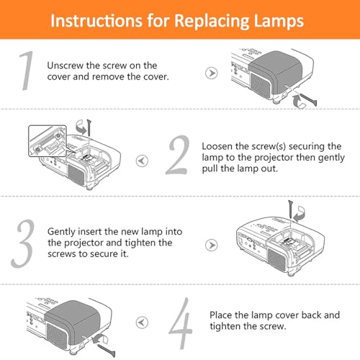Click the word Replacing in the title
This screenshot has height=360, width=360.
(x=212, y=22)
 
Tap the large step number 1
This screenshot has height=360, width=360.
(x=26, y=71)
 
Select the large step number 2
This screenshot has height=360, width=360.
(x=178, y=155)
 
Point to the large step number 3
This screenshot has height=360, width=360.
(x=23, y=243)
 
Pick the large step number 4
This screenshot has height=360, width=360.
(x=181, y=323)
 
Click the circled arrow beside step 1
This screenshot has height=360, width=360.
(x=212, y=73)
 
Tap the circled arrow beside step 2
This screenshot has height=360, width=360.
(x=142, y=161)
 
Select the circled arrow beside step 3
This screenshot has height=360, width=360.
(x=212, y=246)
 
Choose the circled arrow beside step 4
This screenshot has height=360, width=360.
(x=142, y=323)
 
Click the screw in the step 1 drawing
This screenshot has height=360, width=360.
(x=308, y=99)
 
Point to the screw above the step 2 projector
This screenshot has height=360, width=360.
(x=89, y=127)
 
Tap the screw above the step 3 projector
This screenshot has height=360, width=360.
(x=291, y=209)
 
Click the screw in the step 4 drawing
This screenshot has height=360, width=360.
(x=107, y=351)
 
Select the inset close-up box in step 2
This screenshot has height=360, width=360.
(x=48, y=141)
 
